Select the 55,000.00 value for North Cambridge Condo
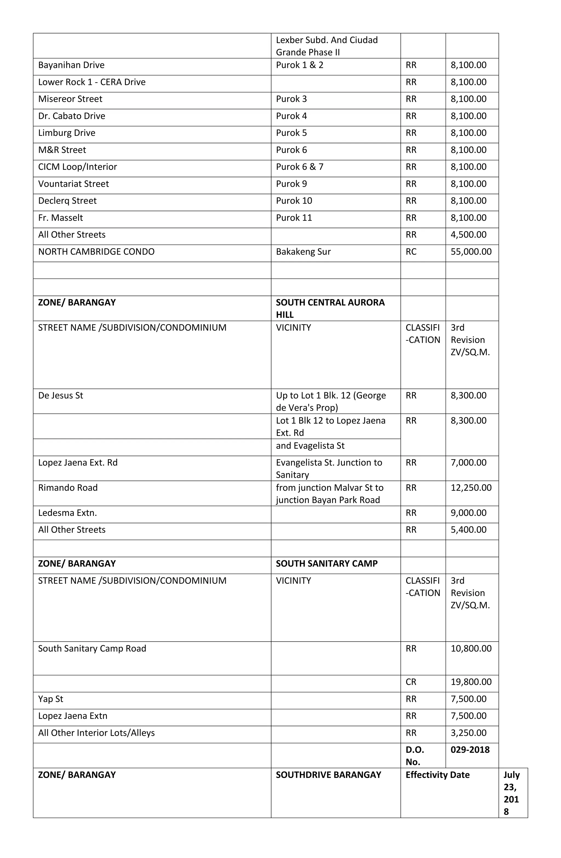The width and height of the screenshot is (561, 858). click(471, 252)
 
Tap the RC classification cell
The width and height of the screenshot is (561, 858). click(411, 252)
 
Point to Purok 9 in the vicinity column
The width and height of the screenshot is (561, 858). click(291, 184)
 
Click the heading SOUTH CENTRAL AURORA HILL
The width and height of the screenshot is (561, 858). click(330, 308)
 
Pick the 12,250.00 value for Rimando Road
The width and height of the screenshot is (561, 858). click(471, 488)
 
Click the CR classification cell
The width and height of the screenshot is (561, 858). click(411, 682)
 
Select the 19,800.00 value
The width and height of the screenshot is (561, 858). click(471, 682)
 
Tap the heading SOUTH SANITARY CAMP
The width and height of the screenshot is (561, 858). click(326, 564)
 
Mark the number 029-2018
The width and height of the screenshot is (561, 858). click(470, 750)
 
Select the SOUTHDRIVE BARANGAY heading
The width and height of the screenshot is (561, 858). click(328, 775)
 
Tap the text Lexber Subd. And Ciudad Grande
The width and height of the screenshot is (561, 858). click(326, 46)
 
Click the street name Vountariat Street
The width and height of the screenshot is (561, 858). click(73, 184)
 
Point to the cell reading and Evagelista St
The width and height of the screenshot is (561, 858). click(310, 446)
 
